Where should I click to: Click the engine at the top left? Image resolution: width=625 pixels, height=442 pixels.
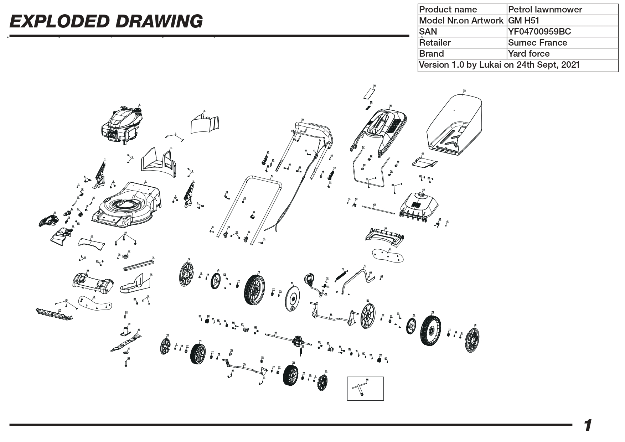tap(121, 125)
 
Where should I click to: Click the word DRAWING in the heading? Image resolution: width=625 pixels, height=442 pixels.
tap(159, 22)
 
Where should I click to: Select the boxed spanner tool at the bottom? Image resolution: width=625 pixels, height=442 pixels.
tap(365, 389)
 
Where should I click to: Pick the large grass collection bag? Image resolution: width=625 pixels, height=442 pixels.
tap(454, 123)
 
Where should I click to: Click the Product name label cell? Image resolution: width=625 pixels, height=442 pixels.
tap(462, 10)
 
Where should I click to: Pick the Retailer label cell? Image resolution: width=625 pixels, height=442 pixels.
tap(462, 43)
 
